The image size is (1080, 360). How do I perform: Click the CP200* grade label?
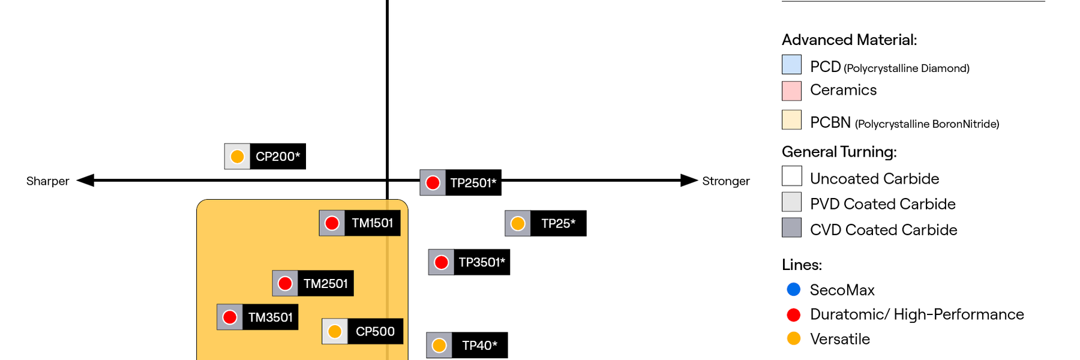tap(277, 157)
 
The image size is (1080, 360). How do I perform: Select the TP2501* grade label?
tap(473, 183)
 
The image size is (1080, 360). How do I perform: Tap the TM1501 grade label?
tap(372, 223)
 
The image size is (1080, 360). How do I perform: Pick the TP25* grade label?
tap(558, 224)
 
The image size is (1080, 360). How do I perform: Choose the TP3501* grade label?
tap(481, 262)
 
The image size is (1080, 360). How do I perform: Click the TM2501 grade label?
tap(325, 284)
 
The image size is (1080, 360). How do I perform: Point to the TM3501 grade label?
tap(270, 317)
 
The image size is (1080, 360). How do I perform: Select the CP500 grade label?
tap(375, 331)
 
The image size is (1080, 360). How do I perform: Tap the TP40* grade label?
tap(479, 346)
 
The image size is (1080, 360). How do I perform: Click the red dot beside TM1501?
tap(332, 223)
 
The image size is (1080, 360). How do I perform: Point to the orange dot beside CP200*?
tap(237, 157)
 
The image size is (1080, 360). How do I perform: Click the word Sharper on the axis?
tap(47, 181)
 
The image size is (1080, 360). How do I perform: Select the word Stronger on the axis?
tap(725, 181)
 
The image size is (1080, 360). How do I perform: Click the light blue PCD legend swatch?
tap(791, 64)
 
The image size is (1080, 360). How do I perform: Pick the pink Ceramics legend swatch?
tap(791, 91)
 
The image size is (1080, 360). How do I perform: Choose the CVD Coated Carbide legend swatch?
tap(791, 227)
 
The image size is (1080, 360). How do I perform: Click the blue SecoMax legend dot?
tap(793, 290)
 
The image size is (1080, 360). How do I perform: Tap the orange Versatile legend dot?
tap(793, 338)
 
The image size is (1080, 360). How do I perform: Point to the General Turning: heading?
tap(839, 152)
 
